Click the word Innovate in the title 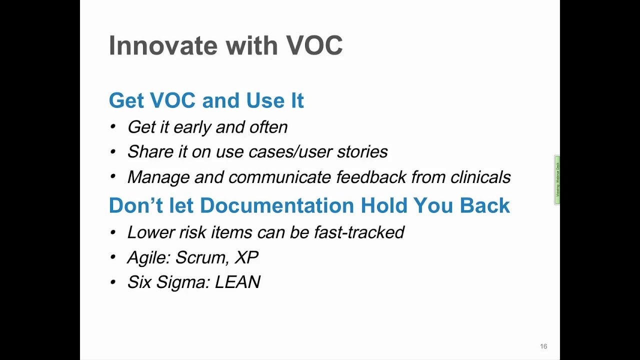point(162,45)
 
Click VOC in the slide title point(314,45)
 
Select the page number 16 point(543,346)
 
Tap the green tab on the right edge point(557,180)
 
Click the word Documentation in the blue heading point(277,205)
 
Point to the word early point(192,127)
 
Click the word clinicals point(480,177)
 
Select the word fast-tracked point(359,232)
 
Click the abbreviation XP point(246,257)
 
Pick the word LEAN point(237,282)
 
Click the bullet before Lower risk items point(113,232)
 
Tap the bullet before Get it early point(113,127)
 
